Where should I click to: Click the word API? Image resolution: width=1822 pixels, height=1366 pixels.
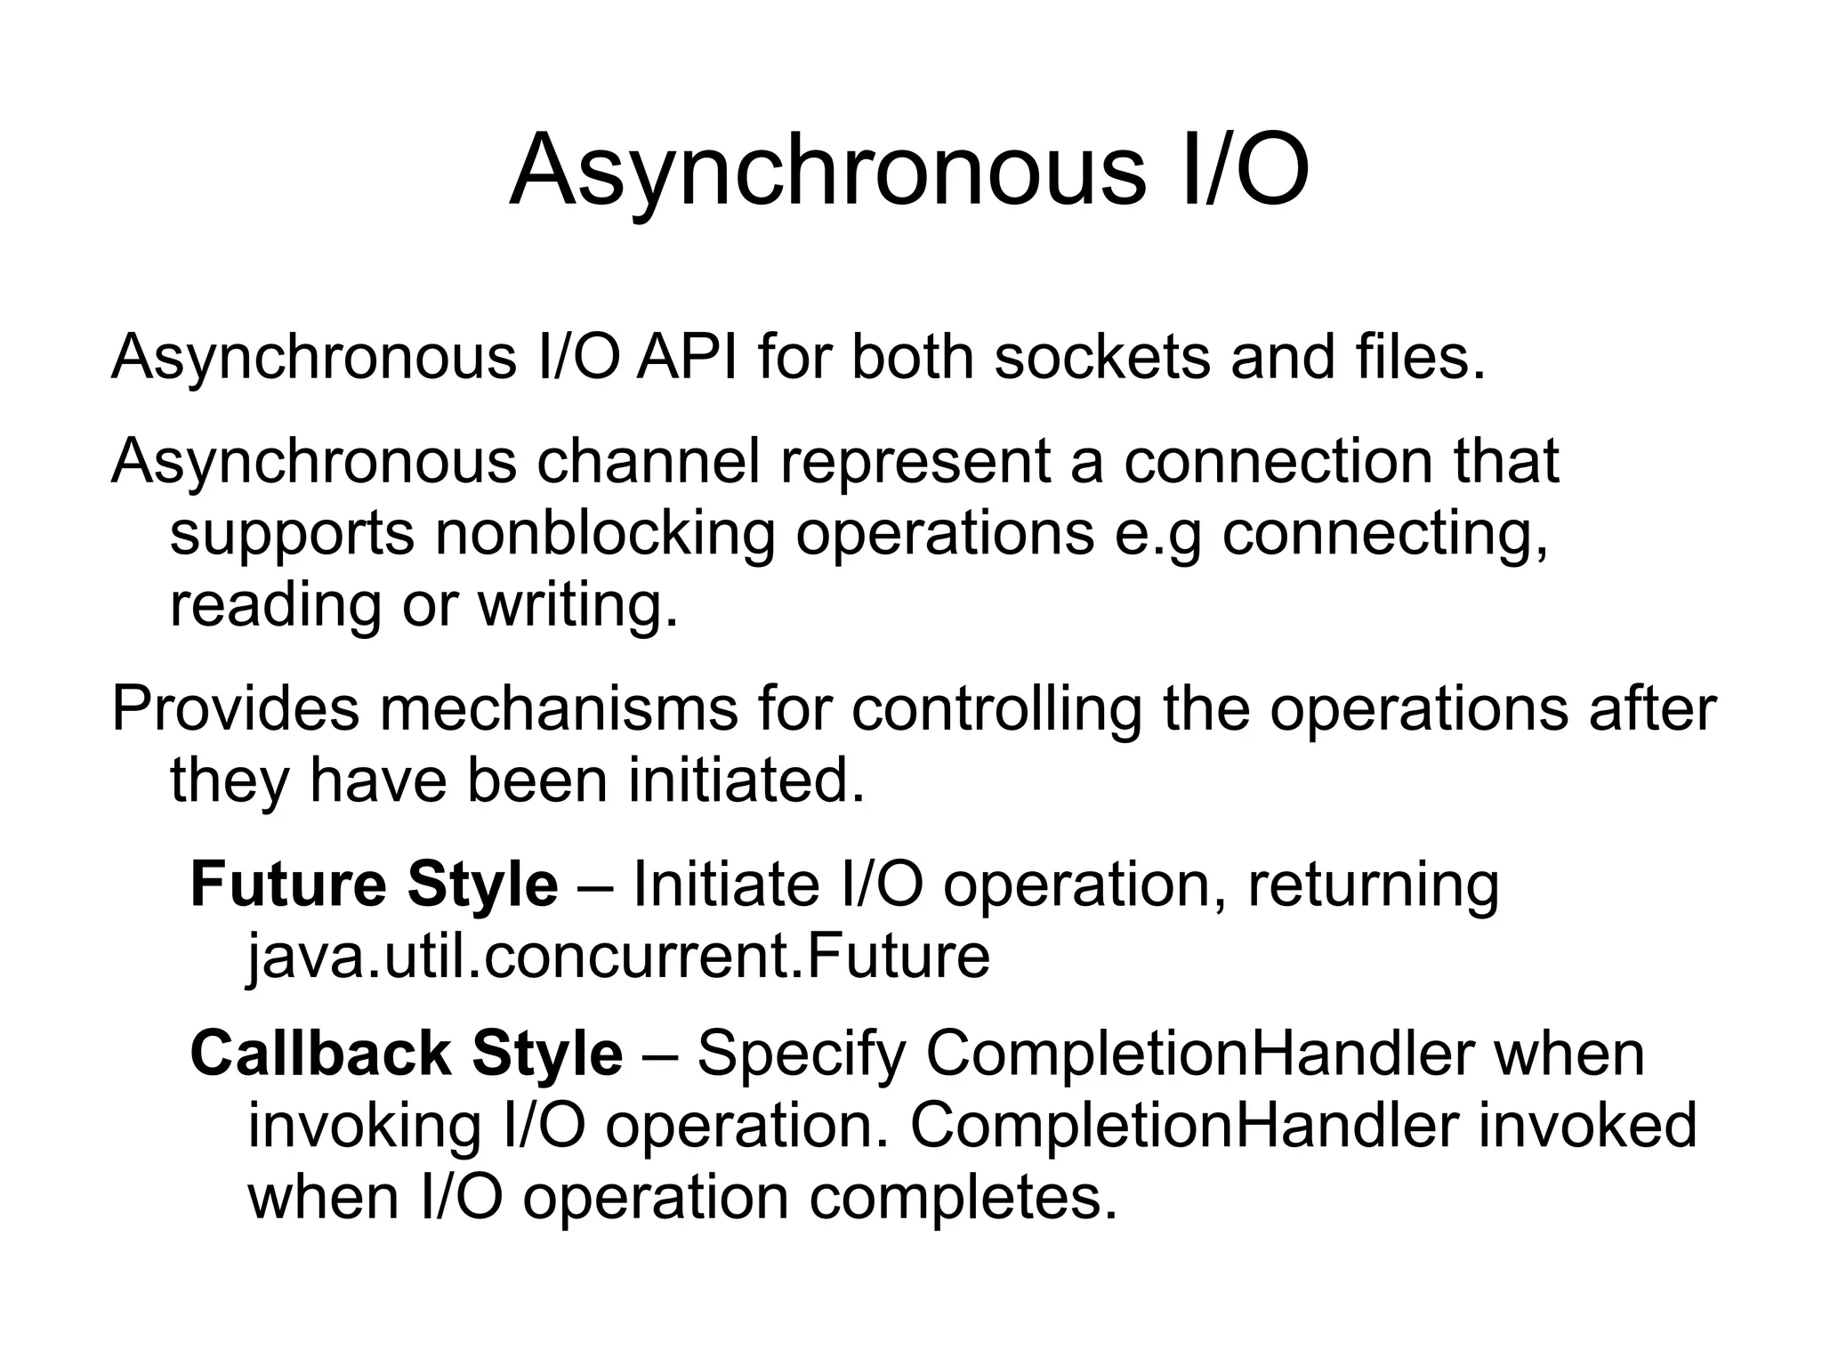pos(686,358)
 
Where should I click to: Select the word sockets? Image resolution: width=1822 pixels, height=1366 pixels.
pos(1102,358)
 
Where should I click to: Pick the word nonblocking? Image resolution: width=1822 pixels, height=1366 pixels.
pos(605,534)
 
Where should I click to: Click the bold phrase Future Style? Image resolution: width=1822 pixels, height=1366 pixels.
pos(374,885)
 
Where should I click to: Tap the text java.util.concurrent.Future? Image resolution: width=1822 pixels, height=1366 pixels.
pos(618,956)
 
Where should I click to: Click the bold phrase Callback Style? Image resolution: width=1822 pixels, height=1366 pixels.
pos(407,1054)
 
